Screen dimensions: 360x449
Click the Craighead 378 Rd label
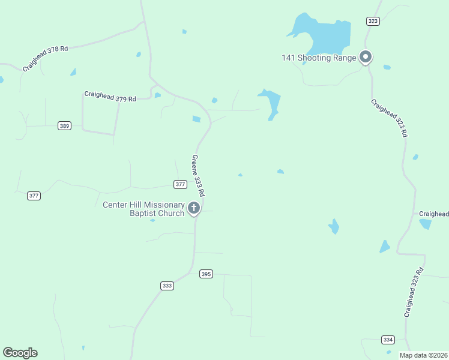[x=45, y=58]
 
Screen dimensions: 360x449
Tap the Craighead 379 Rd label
[x=110, y=96]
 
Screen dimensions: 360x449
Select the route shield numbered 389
[x=65, y=125]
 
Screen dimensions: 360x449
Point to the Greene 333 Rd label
[x=199, y=176]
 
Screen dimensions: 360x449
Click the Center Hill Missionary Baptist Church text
[x=143, y=209]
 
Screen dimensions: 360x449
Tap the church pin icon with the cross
[x=194, y=208]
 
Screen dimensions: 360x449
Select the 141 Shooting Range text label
[x=319, y=58]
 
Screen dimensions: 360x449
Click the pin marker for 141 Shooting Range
[x=365, y=57]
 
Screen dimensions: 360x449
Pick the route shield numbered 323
[x=373, y=21]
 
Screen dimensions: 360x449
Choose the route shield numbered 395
[x=206, y=274]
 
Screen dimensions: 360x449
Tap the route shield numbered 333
[x=167, y=286]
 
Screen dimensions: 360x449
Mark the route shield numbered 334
[x=388, y=340]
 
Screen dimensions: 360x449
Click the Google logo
[x=20, y=353]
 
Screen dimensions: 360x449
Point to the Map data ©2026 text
[x=423, y=355]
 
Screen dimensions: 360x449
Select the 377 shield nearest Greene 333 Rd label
[x=180, y=184]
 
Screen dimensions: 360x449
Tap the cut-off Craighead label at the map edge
[x=433, y=214]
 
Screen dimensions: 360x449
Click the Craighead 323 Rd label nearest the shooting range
[x=389, y=119]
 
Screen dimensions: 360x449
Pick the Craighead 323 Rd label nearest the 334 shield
[x=414, y=292]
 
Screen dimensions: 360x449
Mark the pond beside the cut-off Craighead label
[x=426, y=224]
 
